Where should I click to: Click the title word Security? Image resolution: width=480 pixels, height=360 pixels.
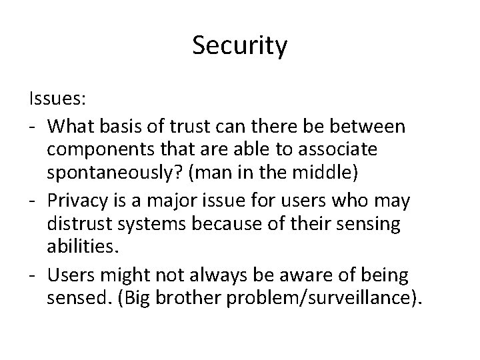[x=240, y=45]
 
